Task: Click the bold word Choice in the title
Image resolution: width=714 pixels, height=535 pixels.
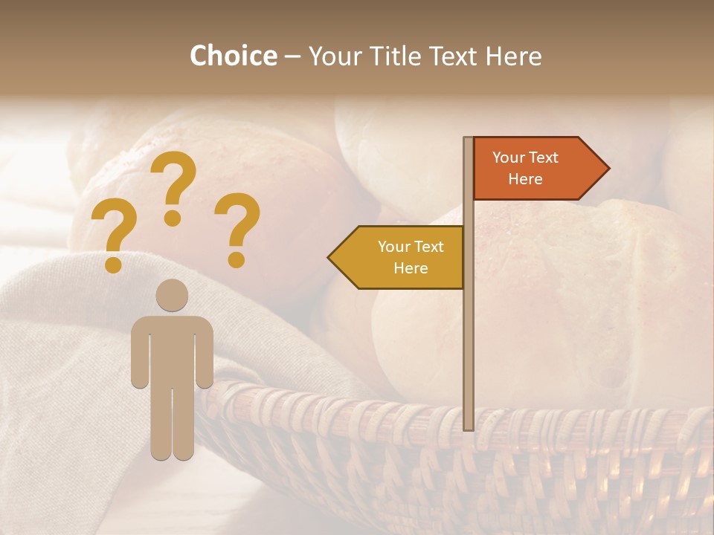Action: click(x=233, y=56)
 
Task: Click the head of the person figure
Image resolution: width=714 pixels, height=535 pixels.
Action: click(x=172, y=295)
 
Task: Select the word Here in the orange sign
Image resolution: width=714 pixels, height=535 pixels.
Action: click(x=525, y=179)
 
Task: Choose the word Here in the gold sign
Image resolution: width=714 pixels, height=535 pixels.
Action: click(x=411, y=268)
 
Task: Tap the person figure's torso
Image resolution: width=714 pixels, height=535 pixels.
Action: click(x=172, y=349)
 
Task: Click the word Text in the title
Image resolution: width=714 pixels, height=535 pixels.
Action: click(x=454, y=56)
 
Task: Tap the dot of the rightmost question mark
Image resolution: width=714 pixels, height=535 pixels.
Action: click(x=237, y=259)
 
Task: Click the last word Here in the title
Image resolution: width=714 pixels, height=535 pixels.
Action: click(x=514, y=56)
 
